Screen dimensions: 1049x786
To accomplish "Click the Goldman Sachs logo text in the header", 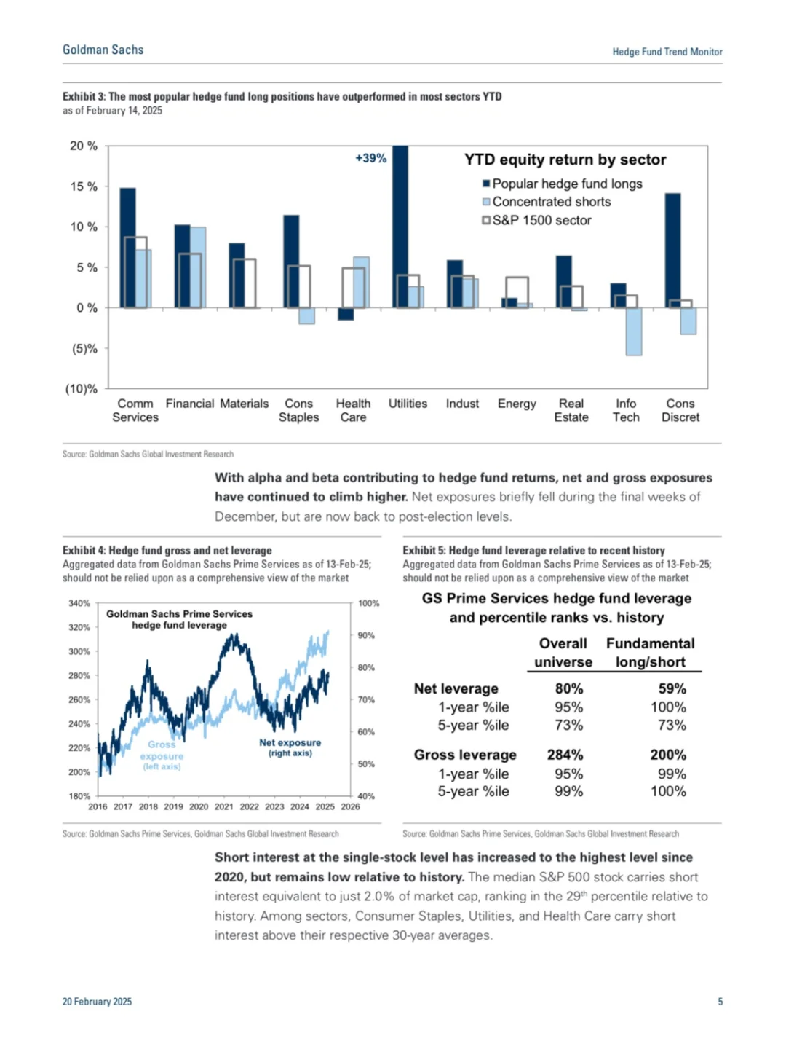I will (x=103, y=50).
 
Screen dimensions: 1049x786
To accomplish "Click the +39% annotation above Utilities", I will (x=370, y=158).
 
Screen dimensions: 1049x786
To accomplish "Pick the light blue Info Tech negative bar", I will (x=634, y=331).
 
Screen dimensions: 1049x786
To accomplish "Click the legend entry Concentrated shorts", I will (x=551, y=202).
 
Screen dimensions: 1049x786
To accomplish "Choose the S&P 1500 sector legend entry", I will (x=541, y=220).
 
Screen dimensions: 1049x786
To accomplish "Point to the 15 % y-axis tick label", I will (x=84, y=186).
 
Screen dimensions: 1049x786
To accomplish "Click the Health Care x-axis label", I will (x=353, y=410).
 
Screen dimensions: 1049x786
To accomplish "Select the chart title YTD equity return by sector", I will (x=565, y=160).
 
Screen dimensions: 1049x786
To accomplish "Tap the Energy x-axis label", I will (x=517, y=404).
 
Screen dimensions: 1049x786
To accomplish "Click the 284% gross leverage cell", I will (x=565, y=755).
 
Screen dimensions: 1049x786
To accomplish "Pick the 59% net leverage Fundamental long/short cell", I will (x=672, y=688).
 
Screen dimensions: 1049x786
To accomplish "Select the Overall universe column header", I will (x=563, y=653).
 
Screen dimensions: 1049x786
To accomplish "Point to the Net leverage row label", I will (x=456, y=688).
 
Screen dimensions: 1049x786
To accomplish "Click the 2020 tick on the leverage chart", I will (x=199, y=806).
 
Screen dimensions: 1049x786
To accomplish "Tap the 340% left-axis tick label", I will (x=79, y=603).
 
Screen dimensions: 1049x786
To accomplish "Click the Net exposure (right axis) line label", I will (x=290, y=747).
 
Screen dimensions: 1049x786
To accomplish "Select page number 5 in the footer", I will (x=720, y=1002).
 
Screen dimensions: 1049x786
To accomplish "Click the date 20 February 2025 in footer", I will (x=97, y=1002).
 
